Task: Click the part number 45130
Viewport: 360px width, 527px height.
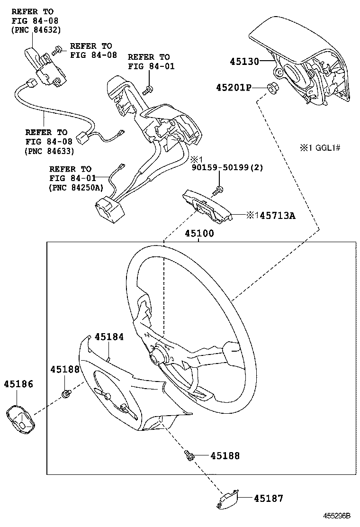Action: [x=244, y=61]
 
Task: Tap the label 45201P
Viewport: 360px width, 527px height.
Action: [x=234, y=87]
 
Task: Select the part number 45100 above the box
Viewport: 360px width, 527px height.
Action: [x=199, y=233]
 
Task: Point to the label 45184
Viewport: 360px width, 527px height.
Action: [x=109, y=336]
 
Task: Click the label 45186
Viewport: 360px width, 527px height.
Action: [x=18, y=384]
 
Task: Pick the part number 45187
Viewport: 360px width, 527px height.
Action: [x=268, y=498]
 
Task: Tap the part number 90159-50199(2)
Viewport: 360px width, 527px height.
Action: [x=227, y=167]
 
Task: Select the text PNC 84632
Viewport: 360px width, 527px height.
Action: [x=36, y=30]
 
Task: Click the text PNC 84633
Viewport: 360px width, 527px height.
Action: [x=49, y=151]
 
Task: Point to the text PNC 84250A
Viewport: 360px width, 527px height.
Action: [x=76, y=188]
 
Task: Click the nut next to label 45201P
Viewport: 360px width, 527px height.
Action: [x=271, y=87]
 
